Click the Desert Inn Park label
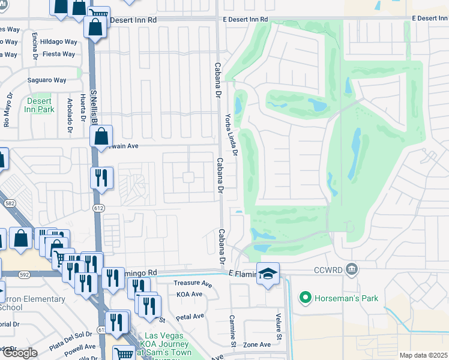pyautogui.click(x=40, y=106)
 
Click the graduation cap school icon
pyautogui.click(x=268, y=274)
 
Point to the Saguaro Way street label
pyautogui.click(x=47, y=80)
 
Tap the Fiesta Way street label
pyautogui.click(x=59, y=54)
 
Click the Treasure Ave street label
pyautogui.click(x=193, y=283)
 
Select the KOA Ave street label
pyautogui.click(x=190, y=294)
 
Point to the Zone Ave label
pyautogui.click(x=257, y=345)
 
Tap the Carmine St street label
pyautogui.click(x=233, y=330)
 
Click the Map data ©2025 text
pyautogui.click(x=423, y=355)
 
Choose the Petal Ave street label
pyautogui.click(x=191, y=316)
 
